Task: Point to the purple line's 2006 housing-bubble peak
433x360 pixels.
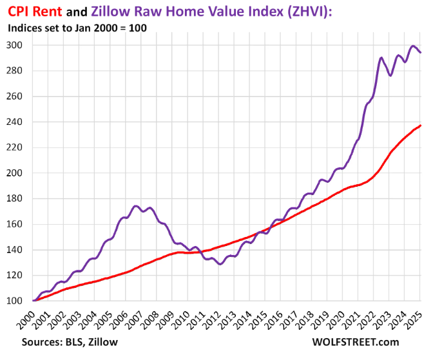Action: coord(135,206)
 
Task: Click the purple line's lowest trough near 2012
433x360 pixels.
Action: coord(220,264)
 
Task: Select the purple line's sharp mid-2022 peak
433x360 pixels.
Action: coord(381,58)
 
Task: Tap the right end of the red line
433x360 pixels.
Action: coord(421,125)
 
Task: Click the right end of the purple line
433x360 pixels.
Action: coord(421,52)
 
